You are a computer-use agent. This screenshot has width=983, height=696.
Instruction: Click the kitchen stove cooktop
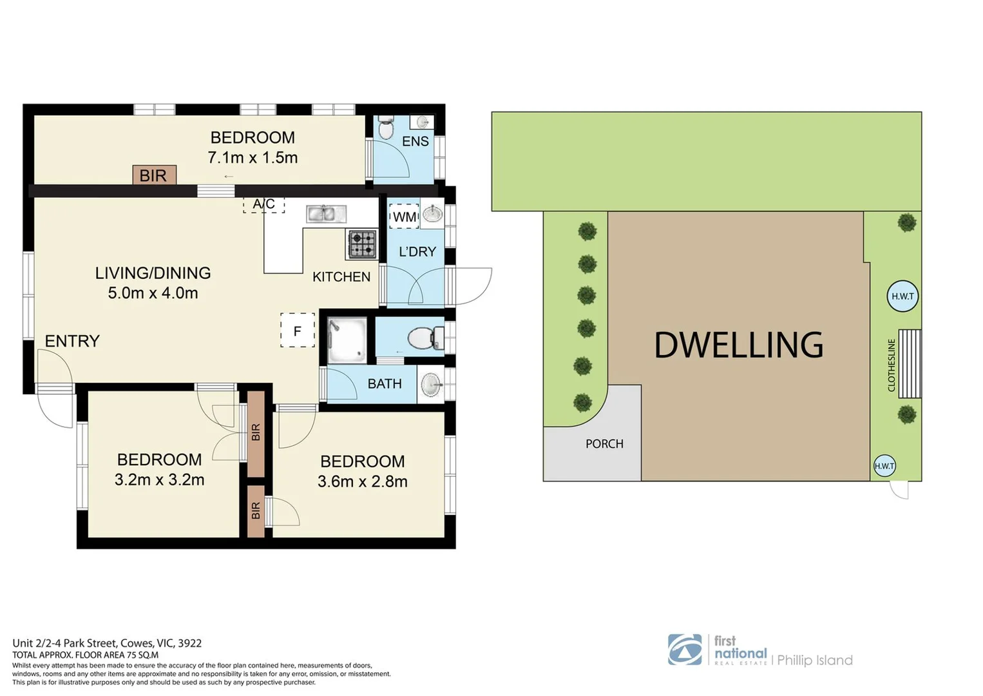[x=362, y=244]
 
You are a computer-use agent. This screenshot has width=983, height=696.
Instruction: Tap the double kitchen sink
[x=326, y=213]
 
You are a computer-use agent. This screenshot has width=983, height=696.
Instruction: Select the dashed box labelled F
[x=298, y=331]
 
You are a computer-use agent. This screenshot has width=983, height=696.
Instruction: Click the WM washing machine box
[x=405, y=217]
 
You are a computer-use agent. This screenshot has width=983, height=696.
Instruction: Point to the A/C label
[x=263, y=204]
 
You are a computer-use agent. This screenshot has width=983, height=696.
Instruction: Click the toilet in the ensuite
[x=386, y=128]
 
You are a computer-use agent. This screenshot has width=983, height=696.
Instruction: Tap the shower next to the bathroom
[x=347, y=340]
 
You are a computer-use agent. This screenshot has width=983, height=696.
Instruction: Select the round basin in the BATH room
[x=432, y=385]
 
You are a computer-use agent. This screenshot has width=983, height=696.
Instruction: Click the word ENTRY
[x=72, y=341]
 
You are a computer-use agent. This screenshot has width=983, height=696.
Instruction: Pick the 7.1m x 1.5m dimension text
[x=253, y=158]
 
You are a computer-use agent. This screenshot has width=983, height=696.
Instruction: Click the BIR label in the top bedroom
[x=153, y=175]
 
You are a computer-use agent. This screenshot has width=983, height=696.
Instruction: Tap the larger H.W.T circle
[x=902, y=296]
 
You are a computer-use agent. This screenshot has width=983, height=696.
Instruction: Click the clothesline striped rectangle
[x=910, y=363]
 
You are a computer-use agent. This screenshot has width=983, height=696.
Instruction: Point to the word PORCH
[x=604, y=444]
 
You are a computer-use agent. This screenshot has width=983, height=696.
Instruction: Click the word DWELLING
[x=738, y=345]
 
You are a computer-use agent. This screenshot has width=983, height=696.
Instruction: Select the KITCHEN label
[x=341, y=277]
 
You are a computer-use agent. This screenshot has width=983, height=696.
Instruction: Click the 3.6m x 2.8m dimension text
[x=362, y=481]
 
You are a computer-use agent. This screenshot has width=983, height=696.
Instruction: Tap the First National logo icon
[x=685, y=649]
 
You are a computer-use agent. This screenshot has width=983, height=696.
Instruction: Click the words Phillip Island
[x=814, y=661]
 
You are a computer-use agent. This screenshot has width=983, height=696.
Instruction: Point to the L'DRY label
[x=417, y=252]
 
